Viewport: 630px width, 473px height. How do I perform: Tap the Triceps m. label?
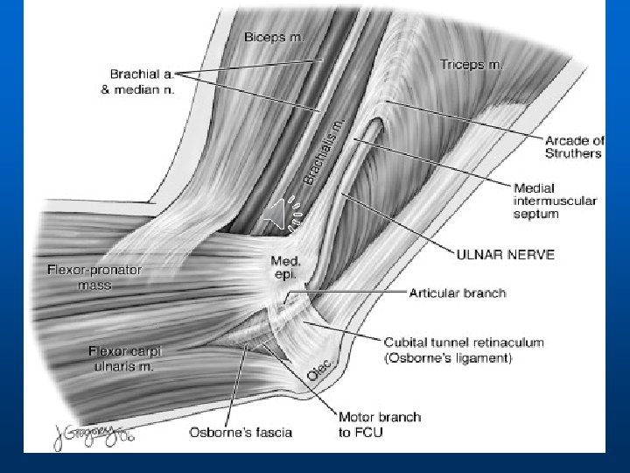pyautogui.click(x=472, y=64)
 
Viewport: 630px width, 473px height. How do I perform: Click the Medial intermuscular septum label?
pyautogui.click(x=555, y=201)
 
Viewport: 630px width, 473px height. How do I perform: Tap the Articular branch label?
pyautogui.click(x=457, y=293)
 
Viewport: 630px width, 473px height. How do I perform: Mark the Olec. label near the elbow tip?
pyautogui.click(x=318, y=372)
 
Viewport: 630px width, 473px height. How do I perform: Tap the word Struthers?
pyautogui.click(x=572, y=154)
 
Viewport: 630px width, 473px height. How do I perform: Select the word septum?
pyautogui.click(x=535, y=213)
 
